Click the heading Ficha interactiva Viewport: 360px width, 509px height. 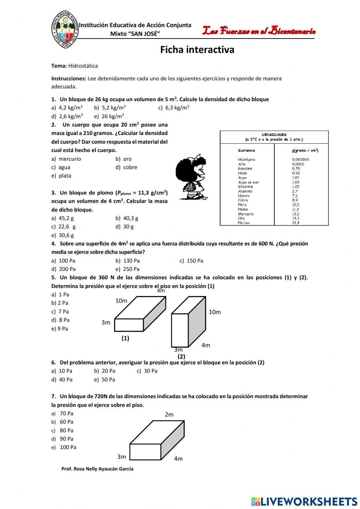pyautogui.click(x=197, y=50)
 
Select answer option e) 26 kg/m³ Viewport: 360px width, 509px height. pyautogui.click(x=109, y=116)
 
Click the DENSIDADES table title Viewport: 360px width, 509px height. pyautogui.click(x=274, y=135)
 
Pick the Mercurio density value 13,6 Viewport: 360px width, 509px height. pyautogui.click(x=296, y=214)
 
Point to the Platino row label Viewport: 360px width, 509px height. pyautogui.click(x=244, y=223)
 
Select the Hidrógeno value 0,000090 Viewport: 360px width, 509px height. pyautogui.click(x=300, y=159)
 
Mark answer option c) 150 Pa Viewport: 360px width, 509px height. pyautogui.click(x=191, y=260)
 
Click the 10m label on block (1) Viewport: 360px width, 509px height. pyautogui.click(x=121, y=301)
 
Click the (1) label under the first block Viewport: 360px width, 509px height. pyautogui.click(x=125, y=338)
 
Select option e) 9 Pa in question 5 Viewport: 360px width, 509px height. pyautogui.click(x=60, y=329)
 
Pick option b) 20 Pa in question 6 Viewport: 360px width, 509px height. pyautogui.click(x=105, y=371)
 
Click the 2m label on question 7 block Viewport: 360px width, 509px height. pyautogui.click(x=169, y=415)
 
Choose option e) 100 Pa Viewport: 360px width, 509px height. pyautogui.click(x=64, y=447)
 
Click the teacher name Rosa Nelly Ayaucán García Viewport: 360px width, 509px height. pyautogui.click(x=97, y=469)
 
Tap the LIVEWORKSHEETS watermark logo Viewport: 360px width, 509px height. pyautogui.click(x=304, y=501)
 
